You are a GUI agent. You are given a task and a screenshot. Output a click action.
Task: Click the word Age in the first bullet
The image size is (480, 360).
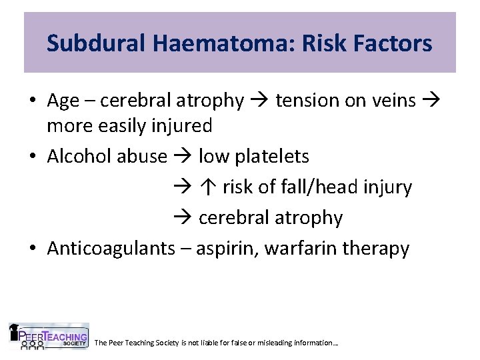(x=63, y=101)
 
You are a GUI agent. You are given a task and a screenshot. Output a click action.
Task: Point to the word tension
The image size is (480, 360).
(x=305, y=101)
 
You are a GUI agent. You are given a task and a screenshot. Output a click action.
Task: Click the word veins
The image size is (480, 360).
(x=391, y=101)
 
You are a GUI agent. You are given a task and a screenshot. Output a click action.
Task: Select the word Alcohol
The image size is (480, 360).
(x=79, y=157)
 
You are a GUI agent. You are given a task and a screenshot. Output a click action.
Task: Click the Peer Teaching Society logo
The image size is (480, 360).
(x=48, y=337)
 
